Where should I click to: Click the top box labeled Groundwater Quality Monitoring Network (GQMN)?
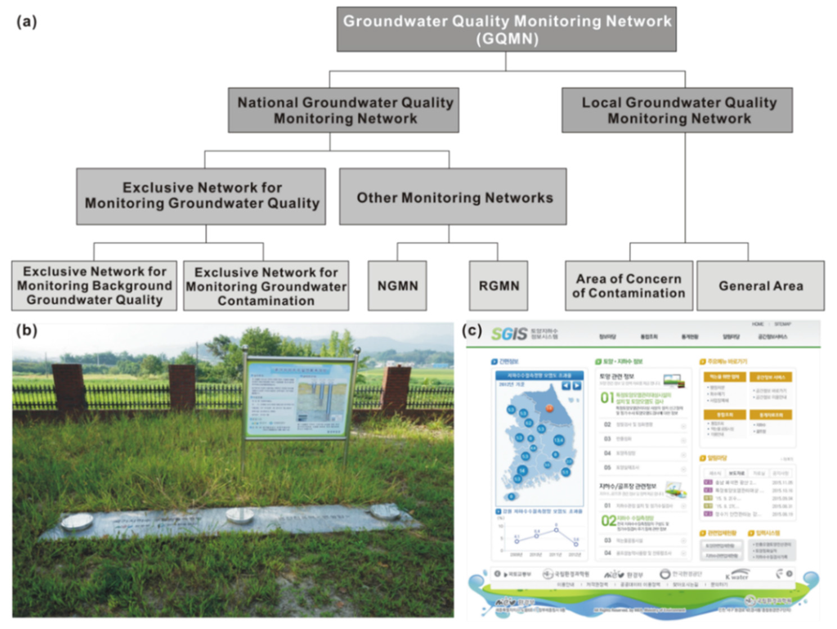(x=507, y=29)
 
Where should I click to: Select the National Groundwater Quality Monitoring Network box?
(x=345, y=110)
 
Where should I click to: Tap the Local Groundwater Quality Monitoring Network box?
(x=678, y=110)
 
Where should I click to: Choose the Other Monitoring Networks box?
(x=454, y=197)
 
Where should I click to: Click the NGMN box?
(x=398, y=285)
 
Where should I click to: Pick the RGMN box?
(x=495, y=285)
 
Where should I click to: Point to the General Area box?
(x=760, y=285)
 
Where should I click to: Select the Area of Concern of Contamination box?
(x=629, y=285)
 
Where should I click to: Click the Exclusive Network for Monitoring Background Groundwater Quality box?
(x=94, y=285)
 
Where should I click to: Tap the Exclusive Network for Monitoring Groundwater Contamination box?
(x=266, y=285)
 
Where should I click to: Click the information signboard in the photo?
(x=299, y=398)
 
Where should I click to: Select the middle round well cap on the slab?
(x=239, y=515)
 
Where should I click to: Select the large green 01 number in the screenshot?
(x=607, y=398)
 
